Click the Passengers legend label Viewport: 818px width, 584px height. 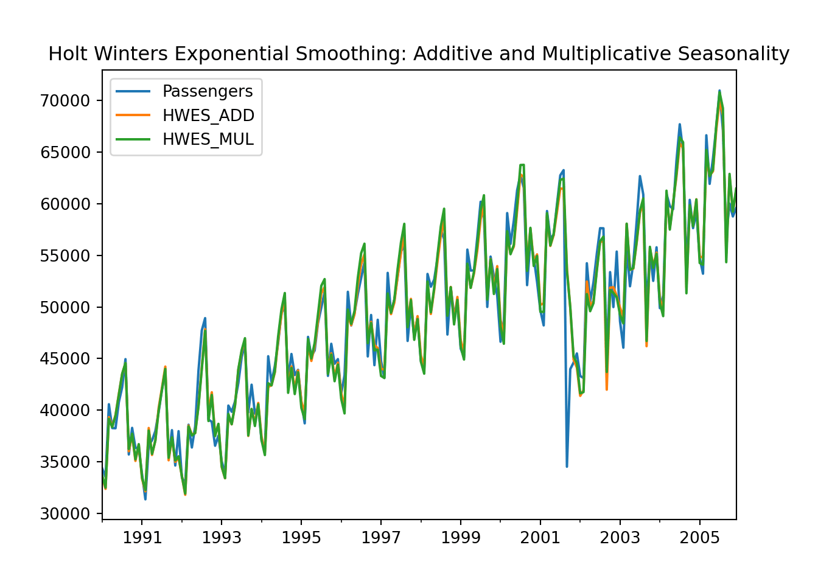tap(207, 91)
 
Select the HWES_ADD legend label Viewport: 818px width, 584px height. tap(208, 116)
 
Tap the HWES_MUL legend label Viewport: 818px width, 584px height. tap(208, 139)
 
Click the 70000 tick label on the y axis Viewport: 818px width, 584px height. tap(65, 100)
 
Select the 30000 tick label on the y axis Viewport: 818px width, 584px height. tap(65, 513)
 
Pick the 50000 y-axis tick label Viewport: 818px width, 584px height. tap(65, 307)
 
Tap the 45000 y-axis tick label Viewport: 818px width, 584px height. tap(65, 359)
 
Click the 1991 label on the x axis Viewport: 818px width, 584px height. tap(142, 538)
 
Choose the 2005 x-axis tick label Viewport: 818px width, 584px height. tap(700, 538)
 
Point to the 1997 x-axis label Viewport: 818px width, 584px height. tap(381, 538)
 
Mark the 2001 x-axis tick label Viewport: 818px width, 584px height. tap(540, 538)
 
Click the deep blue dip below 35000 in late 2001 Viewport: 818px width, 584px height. tap(567, 466)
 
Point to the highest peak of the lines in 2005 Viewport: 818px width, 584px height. tap(719, 91)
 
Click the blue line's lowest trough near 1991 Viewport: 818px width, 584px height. tap(145, 499)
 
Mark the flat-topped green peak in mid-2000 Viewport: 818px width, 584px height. tap(522, 165)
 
